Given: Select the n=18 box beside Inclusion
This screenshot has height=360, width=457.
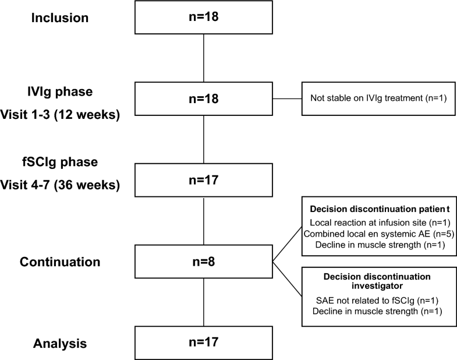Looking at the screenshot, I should tap(203, 17).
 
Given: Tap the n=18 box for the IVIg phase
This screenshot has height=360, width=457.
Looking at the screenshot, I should tap(203, 98).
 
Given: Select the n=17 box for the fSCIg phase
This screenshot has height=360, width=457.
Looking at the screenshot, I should tap(203, 180).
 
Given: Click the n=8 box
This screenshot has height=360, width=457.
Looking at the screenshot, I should tap(203, 262).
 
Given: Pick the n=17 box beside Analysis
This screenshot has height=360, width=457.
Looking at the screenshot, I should tap(203, 343).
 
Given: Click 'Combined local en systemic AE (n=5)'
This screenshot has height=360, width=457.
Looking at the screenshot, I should tap(375, 234).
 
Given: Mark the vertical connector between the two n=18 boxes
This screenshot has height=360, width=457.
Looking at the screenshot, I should tap(203, 58).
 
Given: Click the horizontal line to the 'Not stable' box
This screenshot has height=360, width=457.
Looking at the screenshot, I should tap(286, 98).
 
